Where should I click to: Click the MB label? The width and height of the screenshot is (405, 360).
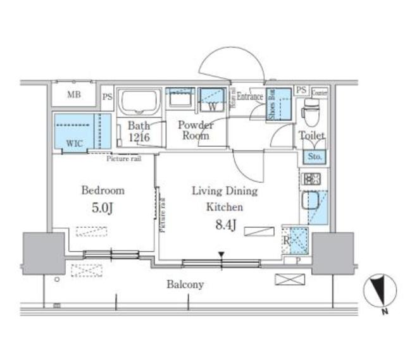(75, 96)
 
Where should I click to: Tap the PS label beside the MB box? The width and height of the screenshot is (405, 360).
(108, 97)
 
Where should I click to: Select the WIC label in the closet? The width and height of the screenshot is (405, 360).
(74, 143)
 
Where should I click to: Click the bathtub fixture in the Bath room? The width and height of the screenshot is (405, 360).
(140, 103)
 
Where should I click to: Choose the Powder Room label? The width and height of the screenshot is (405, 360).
(195, 130)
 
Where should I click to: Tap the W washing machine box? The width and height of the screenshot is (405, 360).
(213, 106)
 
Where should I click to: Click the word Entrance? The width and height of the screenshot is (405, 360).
(251, 97)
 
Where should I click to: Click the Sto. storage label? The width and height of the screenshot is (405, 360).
(315, 156)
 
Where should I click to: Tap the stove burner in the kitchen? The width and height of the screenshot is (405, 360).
(311, 179)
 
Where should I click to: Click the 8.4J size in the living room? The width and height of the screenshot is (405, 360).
(223, 223)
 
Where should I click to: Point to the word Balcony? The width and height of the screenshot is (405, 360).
(185, 285)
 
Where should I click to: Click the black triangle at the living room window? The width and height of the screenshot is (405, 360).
(221, 255)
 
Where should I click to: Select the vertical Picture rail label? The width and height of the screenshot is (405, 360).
(163, 215)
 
